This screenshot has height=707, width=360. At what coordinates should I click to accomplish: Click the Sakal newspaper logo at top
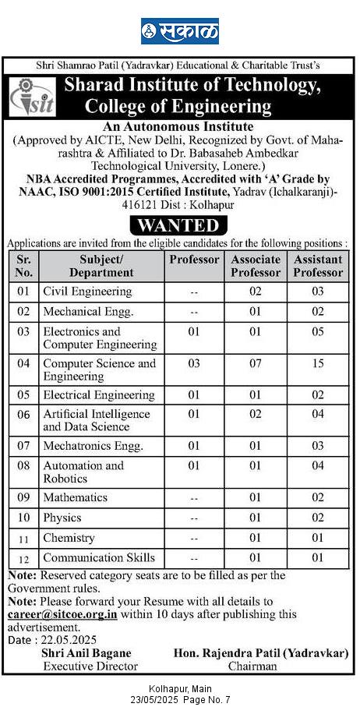pos(179,32)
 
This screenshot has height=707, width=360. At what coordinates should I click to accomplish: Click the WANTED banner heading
pos(179,226)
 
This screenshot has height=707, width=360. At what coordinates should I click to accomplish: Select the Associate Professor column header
pos(256,266)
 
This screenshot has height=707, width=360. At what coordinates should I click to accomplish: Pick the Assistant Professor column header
pos(318,266)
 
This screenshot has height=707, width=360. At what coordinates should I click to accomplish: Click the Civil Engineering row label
pos(87,292)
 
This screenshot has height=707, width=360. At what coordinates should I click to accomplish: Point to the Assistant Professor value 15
pos(318,363)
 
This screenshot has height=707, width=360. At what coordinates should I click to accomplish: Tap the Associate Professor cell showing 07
pos(256,363)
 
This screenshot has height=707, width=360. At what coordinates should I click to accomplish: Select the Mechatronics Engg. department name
pos(93,447)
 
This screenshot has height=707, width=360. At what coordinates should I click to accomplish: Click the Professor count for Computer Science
pos(194,363)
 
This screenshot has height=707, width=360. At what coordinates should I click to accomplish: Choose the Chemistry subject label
pos(69,538)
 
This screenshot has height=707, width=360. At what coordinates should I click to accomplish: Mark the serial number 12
pos(24,558)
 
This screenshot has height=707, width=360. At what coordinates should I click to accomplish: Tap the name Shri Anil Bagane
pos(90,653)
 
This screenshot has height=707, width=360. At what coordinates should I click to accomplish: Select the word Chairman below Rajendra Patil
pos(252,666)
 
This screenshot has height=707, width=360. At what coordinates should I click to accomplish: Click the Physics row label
pos(62,518)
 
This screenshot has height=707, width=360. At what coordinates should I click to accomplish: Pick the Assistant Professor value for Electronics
pos(318,331)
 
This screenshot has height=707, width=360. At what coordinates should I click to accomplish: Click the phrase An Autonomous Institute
pos(178,125)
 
